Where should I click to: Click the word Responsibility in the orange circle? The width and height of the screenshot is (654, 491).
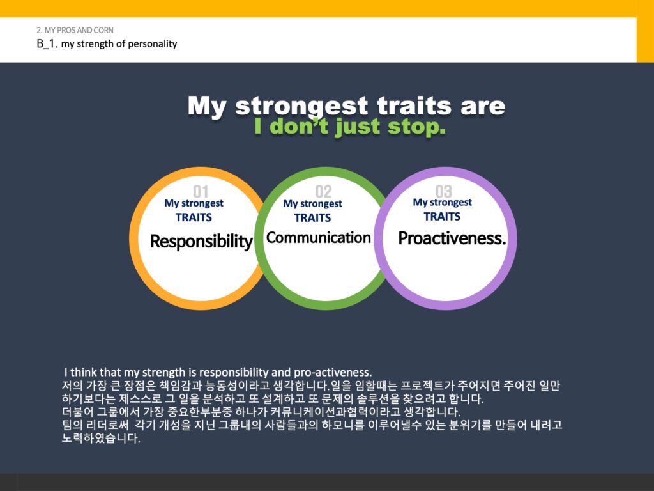point(201,242)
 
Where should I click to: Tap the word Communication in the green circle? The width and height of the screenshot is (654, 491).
point(319,238)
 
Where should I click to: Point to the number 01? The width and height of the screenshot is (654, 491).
point(201,192)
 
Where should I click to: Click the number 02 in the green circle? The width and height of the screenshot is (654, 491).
point(323,192)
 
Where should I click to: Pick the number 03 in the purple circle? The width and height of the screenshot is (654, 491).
point(443,192)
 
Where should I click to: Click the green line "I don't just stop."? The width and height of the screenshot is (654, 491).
point(350,127)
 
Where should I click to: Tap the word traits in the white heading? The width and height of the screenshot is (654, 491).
point(414,105)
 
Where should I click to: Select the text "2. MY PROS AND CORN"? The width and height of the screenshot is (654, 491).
point(75,30)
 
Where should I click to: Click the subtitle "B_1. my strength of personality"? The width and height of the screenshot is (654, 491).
point(107,44)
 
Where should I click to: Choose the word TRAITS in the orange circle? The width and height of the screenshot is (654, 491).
point(194,217)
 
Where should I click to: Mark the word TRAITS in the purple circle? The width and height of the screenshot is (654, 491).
point(442,217)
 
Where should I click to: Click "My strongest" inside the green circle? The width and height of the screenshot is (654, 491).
point(312,204)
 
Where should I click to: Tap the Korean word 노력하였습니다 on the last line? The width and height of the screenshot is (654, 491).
point(101,438)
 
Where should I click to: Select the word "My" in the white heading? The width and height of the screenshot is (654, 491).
point(207,106)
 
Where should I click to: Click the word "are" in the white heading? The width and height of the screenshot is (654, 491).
point(483,107)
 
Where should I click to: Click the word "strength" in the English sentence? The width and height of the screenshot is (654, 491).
point(163,373)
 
